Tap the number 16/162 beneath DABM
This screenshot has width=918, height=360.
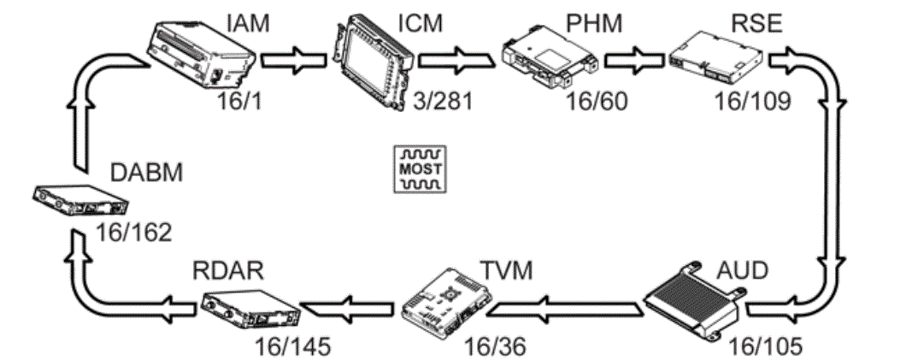(x=132, y=232)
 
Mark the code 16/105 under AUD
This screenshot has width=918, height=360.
(x=764, y=346)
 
